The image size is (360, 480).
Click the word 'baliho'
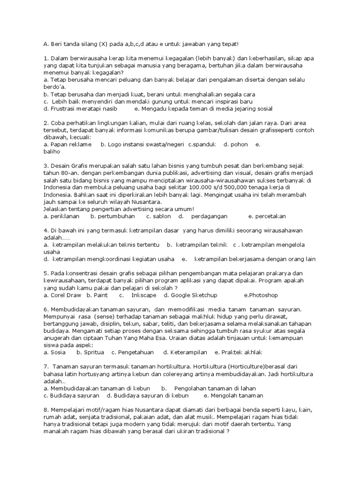[x=51, y=152]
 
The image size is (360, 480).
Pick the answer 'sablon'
[x=158, y=216]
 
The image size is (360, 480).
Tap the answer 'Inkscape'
[x=143, y=295]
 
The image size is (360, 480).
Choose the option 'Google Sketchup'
[x=194, y=295]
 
